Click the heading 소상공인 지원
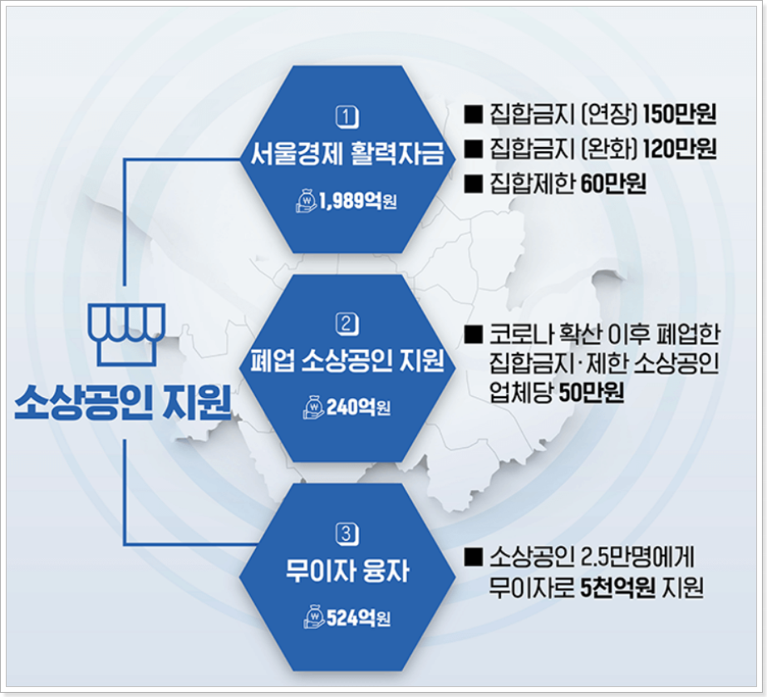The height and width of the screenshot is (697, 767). coord(122,403)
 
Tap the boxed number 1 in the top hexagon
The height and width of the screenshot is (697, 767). coord(347,116)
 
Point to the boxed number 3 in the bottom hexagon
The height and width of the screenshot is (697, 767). coord(347,532)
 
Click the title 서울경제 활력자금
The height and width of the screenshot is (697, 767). coord(347,155)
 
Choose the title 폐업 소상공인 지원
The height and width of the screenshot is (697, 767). coord(347,361)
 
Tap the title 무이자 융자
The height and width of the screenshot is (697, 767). coord(347,572)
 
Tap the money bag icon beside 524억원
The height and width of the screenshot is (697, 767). coord(314,616)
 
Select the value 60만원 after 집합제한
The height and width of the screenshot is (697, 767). coord(613,184)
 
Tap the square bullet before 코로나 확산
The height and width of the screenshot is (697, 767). coord(474,335)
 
